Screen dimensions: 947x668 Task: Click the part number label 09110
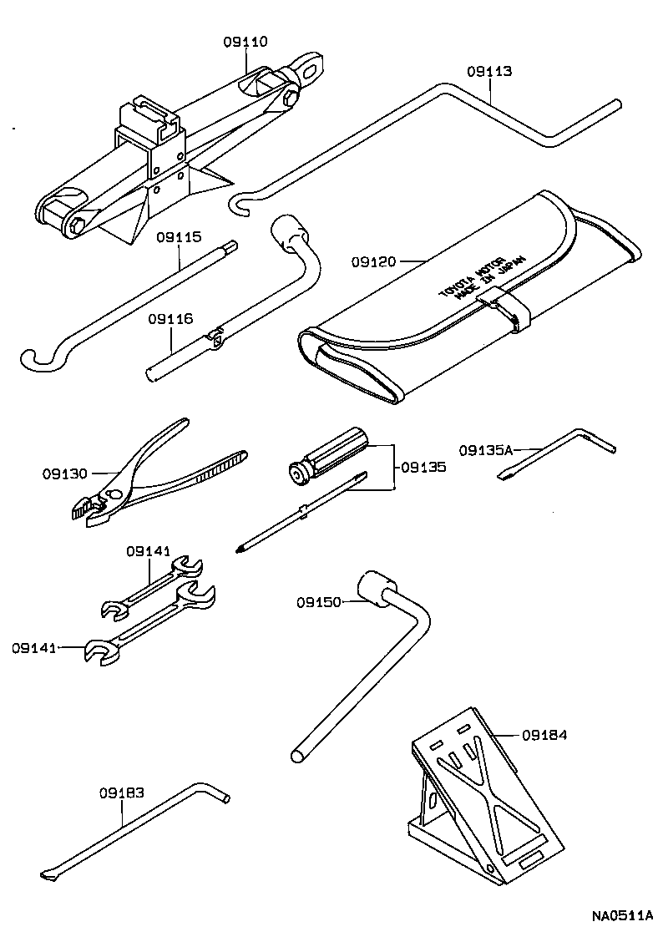tap(245, 42)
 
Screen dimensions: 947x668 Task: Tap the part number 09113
tap(489, 72)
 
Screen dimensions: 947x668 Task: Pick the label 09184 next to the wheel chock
tap(544, 736)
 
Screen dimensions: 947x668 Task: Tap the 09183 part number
tap(122, 793)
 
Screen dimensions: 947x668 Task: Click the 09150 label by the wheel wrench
tap(318, 601)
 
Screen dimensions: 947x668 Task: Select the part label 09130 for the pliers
tap(64, 473)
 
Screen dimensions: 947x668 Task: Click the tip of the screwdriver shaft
tap(241, 548)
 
